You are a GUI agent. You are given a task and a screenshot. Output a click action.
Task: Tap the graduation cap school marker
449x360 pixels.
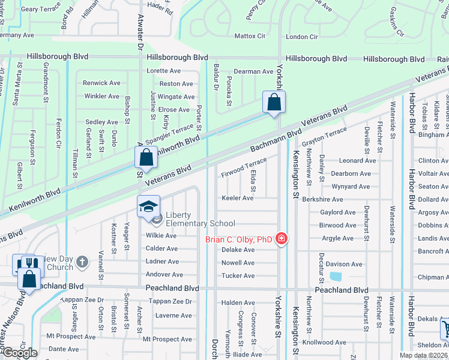[x=148, y=207]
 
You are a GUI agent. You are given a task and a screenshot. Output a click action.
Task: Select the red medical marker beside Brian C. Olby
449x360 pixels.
[x=280, y=239]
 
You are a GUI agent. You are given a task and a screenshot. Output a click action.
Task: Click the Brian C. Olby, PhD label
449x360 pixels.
[x=239, y=239]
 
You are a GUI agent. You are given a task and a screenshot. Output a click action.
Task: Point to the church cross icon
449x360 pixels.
[x=82, y=262]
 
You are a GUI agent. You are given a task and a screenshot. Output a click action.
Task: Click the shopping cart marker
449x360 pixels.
[x=446, y=328]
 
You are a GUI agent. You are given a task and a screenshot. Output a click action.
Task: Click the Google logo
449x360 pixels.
[x=20, y=352]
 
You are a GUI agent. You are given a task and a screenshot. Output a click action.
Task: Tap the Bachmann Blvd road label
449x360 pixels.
[x=276, y=140]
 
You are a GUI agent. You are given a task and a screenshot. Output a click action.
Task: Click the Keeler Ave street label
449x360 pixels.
[x=238, y=197]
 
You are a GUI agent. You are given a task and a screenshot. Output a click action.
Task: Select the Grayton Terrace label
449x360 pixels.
[x=324, y=136]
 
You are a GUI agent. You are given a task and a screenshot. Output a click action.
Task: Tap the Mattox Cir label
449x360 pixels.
[x=249, y=37]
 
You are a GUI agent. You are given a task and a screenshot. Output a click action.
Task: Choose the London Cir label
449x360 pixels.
[x=301, y=37]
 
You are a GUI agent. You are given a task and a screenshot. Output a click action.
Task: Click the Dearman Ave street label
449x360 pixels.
[x=253, y=71]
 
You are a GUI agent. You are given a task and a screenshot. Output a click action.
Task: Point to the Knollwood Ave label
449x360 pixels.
[x=325, y=342]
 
